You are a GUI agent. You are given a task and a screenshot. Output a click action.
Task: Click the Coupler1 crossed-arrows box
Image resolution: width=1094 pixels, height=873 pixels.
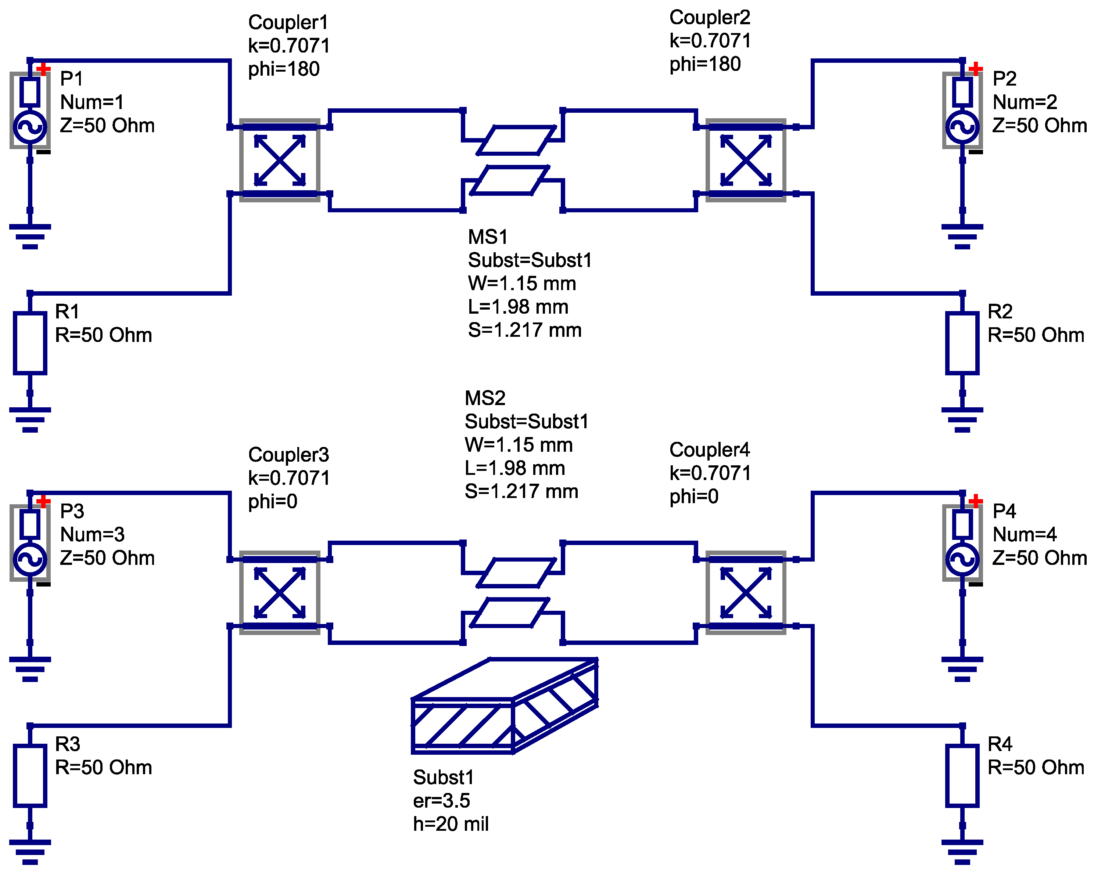(x=280, y=160)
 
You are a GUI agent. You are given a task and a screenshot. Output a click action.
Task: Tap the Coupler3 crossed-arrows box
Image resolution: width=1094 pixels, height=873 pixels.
(x=280, y=592)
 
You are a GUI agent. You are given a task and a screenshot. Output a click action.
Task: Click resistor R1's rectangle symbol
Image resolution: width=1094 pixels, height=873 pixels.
(x=30, y=343)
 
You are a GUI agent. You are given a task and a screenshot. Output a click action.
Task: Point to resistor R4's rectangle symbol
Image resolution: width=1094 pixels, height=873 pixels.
(x=962, y=776)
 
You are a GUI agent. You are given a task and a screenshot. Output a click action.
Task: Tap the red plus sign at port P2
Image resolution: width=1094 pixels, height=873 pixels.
(x=975, y=68)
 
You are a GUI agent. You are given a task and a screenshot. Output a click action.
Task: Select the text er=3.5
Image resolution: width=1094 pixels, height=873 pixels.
(x=441, y=800)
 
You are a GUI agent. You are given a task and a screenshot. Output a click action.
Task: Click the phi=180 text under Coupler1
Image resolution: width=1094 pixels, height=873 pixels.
(x=284, y=69)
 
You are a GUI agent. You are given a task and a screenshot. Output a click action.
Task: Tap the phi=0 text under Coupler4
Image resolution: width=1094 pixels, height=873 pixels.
(x=694, y=496)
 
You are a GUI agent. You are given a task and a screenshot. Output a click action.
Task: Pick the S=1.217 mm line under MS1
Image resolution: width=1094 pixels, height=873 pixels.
(x=524, y=330)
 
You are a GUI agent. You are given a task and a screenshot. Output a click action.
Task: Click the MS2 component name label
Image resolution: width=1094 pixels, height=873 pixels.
(x=485, y=398)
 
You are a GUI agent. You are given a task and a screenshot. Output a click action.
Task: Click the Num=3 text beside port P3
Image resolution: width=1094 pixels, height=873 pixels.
(x=92, y=534)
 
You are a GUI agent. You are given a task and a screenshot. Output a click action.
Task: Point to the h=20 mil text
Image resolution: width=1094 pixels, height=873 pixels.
(x=451, y=824)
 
